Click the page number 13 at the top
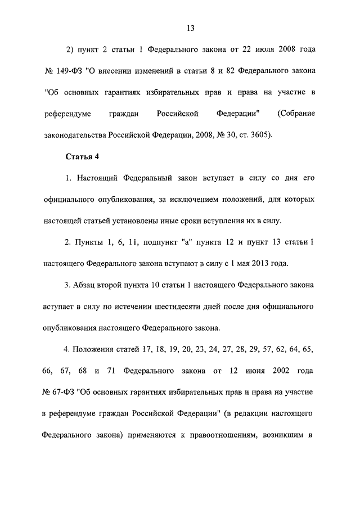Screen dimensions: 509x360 191,28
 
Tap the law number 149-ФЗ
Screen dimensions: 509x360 69,71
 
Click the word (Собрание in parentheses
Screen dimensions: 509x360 296,114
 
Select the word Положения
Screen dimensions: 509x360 92,349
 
